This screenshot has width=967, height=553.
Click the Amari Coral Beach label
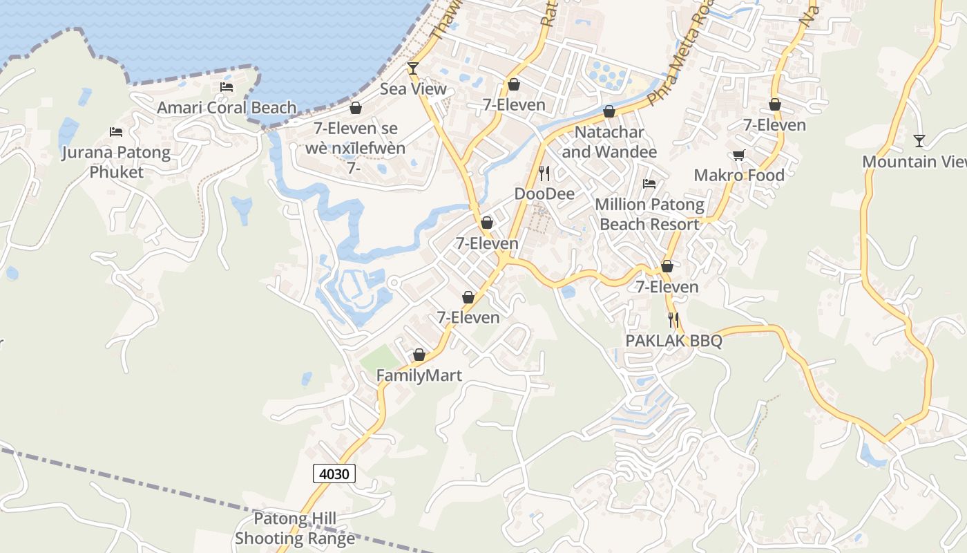[227, 108]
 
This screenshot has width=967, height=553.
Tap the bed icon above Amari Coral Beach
[227, 87]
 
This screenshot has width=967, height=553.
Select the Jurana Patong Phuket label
[116, 162]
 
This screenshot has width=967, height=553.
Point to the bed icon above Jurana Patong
[116, 132]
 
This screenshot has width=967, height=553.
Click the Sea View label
[413, 89]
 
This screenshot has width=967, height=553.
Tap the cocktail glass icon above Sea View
[413, 68]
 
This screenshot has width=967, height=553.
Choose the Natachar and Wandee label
[609, 142]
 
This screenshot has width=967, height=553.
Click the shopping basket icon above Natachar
[609, 111]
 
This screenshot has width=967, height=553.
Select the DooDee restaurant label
[544, 194]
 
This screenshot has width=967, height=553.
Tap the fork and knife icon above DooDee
[544, 173]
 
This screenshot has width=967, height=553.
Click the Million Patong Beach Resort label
[649, 214]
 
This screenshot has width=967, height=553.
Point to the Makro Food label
[739, 176]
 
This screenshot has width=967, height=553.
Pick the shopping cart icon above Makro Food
[739, 156]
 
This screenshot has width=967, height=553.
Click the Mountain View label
[915, 162]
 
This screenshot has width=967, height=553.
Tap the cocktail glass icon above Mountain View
[919, 141]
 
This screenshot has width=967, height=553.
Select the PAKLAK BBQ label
[673, 341]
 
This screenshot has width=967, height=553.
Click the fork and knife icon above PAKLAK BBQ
[673, 320]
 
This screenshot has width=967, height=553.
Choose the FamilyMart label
[419, 375]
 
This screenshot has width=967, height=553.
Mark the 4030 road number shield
[335, 474]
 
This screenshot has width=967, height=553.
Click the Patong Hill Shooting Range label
[295, 528]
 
